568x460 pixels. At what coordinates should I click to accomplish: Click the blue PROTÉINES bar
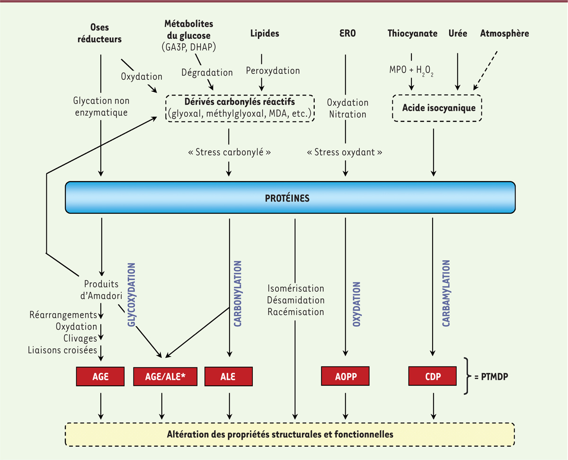point(290,197)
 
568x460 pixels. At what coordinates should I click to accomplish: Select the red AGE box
point(100,376)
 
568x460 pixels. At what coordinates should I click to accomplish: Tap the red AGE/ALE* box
point(162,376)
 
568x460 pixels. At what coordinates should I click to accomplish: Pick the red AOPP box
point(345,376)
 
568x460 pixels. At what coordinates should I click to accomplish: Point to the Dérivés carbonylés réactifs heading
point(240,102)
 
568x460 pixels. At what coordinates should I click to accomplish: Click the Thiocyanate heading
point(412,34)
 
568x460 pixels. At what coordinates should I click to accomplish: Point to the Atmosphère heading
point(504,34)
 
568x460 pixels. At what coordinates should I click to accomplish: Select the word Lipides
point(265,34)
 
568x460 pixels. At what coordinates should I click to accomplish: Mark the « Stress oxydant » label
point(345,153)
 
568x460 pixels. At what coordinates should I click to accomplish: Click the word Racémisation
point(296,312)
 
